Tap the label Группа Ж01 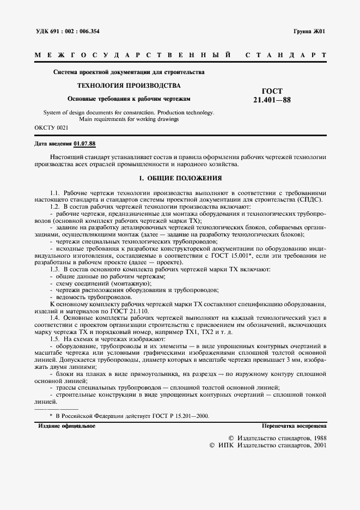[x=309, y=31]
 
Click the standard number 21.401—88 [x=272, y=100]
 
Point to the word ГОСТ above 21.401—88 [x=272, y=91]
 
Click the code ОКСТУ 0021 [x=51, y=127]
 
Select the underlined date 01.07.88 [x=84, y=144]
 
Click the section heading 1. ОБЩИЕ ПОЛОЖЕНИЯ [x=180, y=178]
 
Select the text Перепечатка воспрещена [x=294, y=426]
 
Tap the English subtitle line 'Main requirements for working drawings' [x=129, y=119]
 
